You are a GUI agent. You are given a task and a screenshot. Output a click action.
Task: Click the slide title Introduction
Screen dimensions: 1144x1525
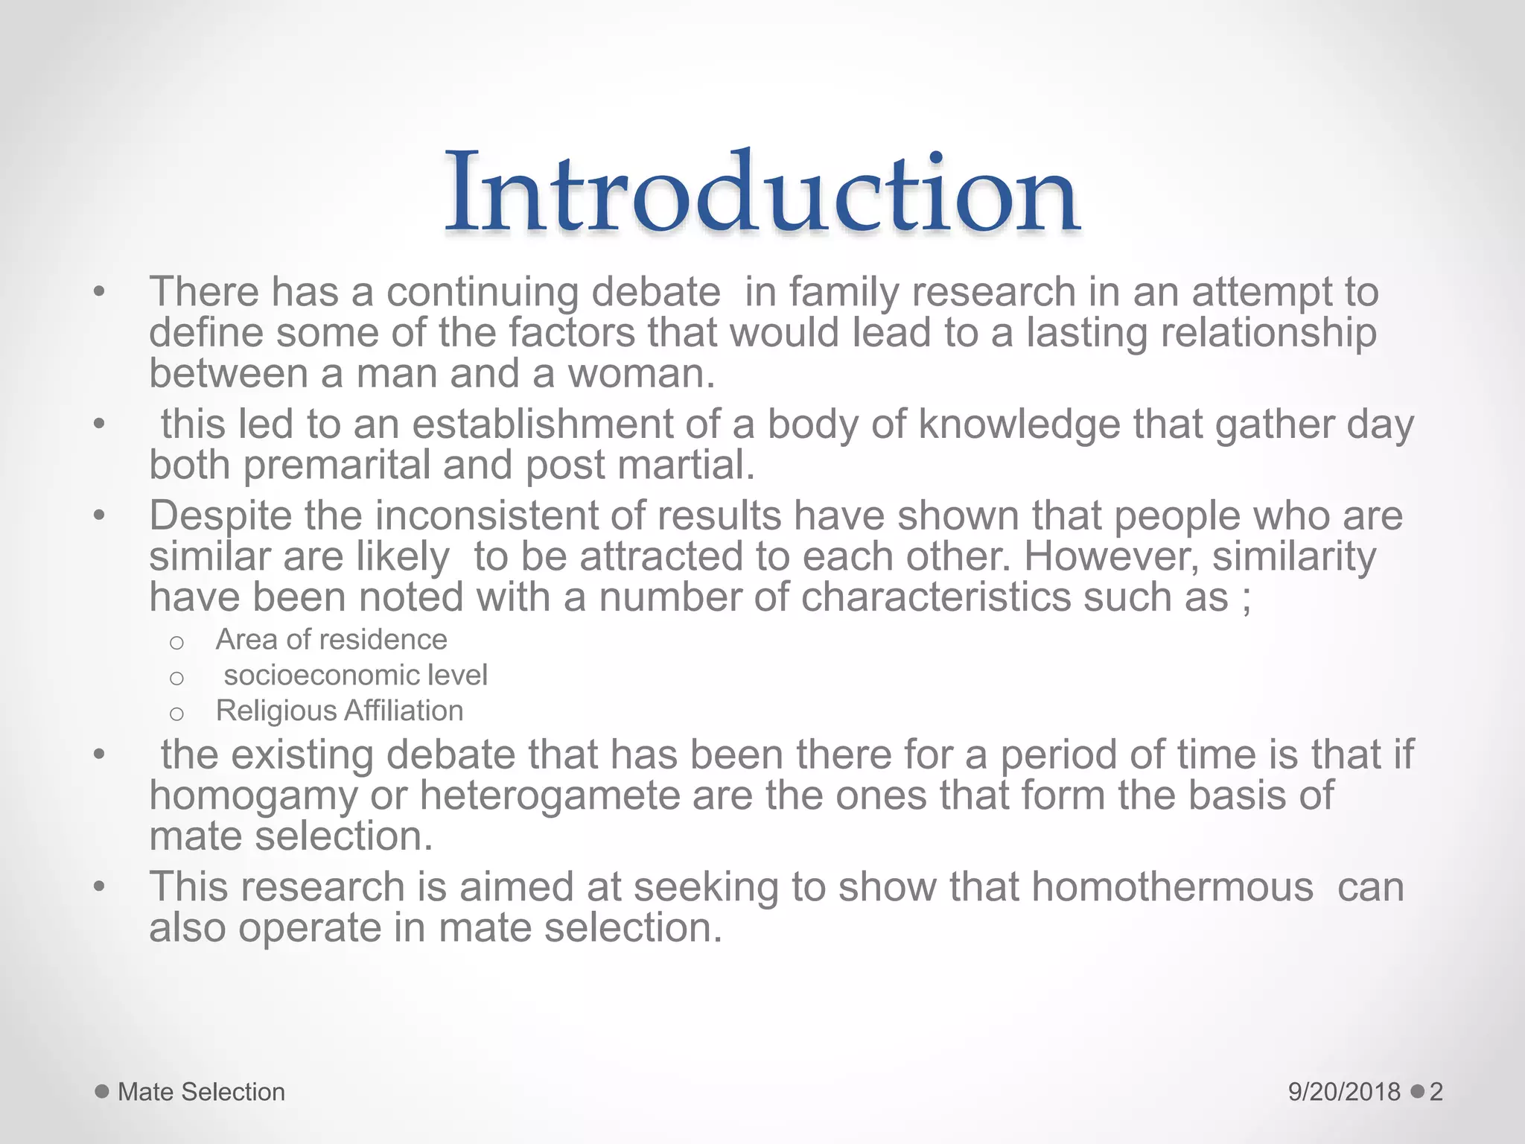[x=762, y=192]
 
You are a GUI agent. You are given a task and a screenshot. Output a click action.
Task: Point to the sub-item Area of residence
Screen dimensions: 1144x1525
[x=331, y=640]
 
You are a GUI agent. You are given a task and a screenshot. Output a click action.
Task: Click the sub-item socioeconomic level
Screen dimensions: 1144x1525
[x=355, y=676]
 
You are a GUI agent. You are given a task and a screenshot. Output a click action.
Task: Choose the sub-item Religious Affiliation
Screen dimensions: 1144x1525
[x=340, y=711]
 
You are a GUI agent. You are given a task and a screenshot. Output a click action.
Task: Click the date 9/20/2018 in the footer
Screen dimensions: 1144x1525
[x=1344, y=1092]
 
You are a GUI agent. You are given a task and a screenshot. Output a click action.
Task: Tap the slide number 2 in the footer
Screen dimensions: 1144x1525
[x=1436, y=1092]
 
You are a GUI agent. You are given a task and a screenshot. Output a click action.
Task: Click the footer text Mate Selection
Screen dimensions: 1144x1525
[x=201, y=1092]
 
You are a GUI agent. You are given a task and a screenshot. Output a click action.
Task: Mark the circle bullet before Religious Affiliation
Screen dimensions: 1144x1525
[x=176, y=714]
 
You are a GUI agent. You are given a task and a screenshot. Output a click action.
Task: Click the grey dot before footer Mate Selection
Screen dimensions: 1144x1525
[x=102, y=1092]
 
